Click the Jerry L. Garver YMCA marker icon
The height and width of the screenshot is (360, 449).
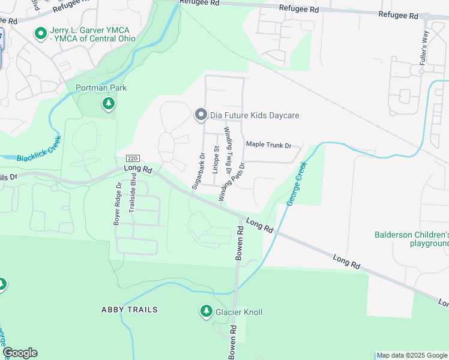[x=41, y=34]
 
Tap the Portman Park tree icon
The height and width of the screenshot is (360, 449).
[x=108, y=104]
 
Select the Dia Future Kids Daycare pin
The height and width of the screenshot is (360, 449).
[x=200, y=114]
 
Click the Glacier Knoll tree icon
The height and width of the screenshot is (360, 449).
[x=205, y=311]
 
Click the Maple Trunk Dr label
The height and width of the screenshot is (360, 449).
[x=268, y=145]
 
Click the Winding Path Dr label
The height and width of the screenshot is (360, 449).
[x=232, y=181]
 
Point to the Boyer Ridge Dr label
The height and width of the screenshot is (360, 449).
[x=118, y=204]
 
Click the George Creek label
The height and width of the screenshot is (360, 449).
[x=297, y=183]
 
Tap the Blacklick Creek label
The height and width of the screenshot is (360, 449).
[x=40, y=152]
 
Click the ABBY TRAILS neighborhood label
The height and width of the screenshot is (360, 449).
[x=129, y=310]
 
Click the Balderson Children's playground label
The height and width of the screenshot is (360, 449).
[x=412, y=239]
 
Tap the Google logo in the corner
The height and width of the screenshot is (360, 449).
[x=19, y=353]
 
